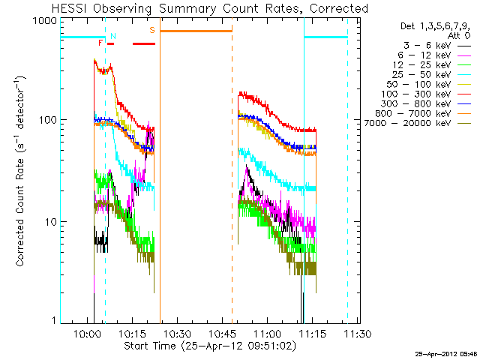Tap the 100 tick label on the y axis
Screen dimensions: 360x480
[47, 120]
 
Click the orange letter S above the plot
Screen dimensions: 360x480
[152, 30]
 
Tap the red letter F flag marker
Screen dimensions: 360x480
[100, 43]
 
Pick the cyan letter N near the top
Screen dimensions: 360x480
[113, 36]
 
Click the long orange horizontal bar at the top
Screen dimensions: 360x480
[196, 31]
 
